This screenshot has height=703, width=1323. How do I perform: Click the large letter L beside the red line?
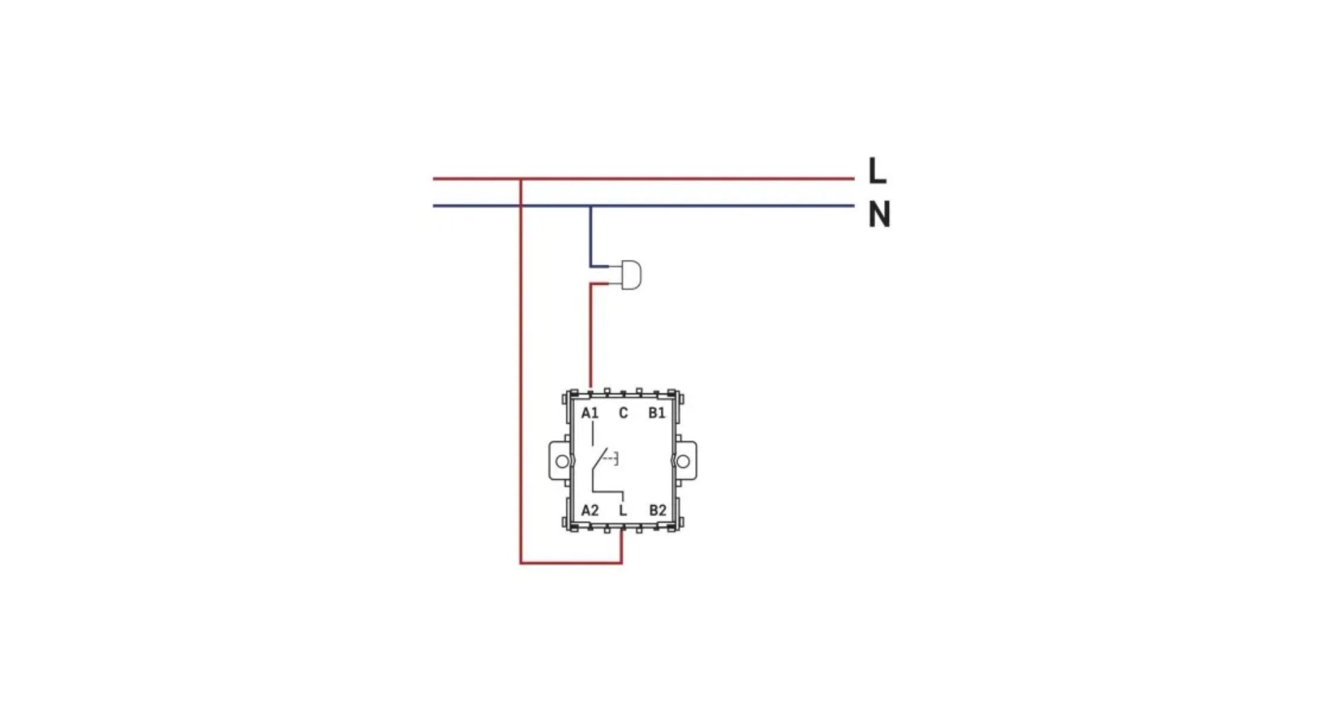(x=876, y=170)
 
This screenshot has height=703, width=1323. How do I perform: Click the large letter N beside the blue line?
(x=879, y=214)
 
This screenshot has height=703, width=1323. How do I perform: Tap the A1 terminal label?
(x=590, y=414)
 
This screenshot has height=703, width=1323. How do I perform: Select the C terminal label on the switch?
(x=623, y=414)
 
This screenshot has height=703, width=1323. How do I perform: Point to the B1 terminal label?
(x=657, y=414)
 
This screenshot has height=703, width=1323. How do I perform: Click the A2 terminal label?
(x=590, y=511)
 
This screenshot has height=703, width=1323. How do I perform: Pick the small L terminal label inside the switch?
(x=623, y=511)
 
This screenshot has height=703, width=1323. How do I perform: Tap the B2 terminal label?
(x=657, y=511)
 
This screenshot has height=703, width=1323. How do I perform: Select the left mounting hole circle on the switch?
(x=562, y=461)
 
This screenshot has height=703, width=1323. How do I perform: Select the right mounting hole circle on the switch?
(x=683, y=461)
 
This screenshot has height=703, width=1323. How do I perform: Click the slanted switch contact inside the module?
(x=599, y=460)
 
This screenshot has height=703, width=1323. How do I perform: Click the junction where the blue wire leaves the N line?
(x=590, y=206)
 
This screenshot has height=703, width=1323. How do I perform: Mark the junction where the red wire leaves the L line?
(x=521, y=179)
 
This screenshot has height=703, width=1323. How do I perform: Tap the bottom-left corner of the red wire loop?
(x=521, y=563)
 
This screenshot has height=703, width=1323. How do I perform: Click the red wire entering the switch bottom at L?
(x=622, y=547)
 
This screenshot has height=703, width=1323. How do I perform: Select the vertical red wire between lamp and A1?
(x=591, y=336)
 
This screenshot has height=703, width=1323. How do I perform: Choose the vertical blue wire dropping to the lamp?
(x=590, y=236)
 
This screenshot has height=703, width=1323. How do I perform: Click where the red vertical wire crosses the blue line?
(x=521, y=206)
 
